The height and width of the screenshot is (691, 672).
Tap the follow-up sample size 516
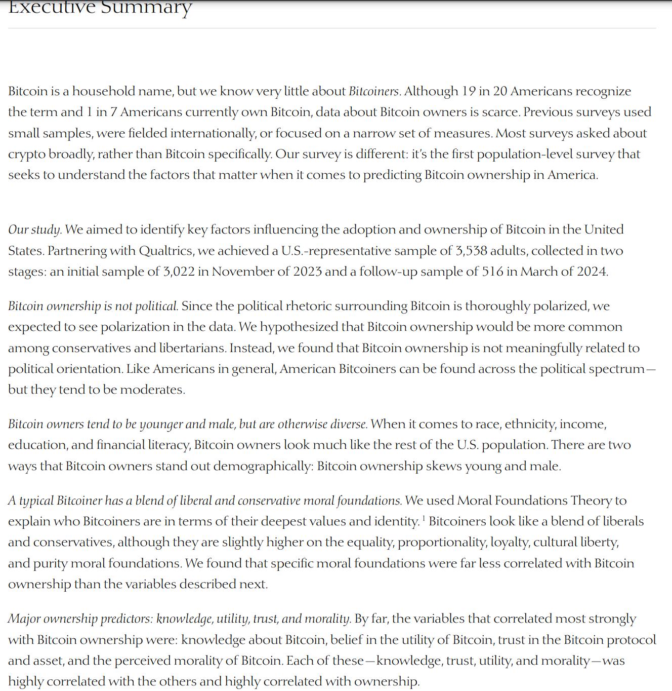click(492, 272)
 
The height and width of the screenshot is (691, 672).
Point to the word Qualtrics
click(166, 251)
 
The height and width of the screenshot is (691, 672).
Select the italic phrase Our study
click(35, 230)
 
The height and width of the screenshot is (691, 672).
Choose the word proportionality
click(443, 543)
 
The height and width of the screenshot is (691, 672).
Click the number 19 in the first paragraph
click(468, 91)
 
